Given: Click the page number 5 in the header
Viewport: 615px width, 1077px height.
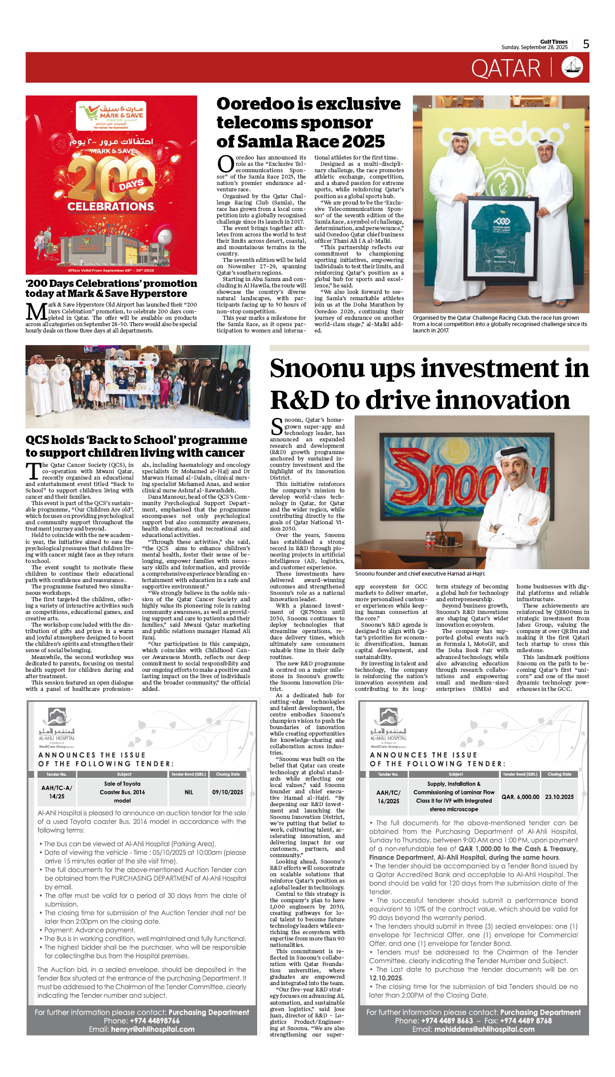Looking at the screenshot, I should (x=586, y=44).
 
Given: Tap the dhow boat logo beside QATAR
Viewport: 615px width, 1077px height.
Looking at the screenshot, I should (x=572, y=67).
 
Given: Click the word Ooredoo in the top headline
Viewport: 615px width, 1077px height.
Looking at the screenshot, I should (x=256, y=104).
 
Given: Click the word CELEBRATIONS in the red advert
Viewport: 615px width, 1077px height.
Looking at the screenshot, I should (x=111, y=206).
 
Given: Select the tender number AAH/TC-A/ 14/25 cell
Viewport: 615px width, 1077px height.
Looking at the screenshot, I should (x=56, y=792).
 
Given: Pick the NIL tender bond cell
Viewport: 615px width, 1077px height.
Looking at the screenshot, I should (x=189, y=792).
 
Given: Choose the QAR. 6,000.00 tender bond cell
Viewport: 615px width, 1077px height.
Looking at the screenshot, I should (x=520, y=797).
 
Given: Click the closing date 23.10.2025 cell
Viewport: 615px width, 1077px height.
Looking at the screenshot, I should (x=559, y=797).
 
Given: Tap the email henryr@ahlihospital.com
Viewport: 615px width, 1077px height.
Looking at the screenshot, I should (x=152, y=1029).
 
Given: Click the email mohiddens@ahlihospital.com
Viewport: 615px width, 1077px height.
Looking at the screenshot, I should (x=484, y=1029).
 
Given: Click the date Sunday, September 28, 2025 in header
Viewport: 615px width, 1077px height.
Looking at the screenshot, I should (x=534, y=47).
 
